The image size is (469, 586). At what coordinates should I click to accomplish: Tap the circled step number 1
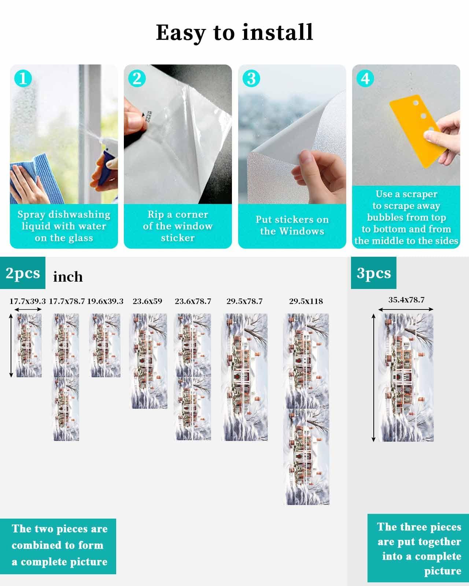coord(23,79)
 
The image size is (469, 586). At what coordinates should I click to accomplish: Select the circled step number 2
coord(137,79)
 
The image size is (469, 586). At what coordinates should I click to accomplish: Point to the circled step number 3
coord(251,79)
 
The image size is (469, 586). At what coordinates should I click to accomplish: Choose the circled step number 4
coord(365,79)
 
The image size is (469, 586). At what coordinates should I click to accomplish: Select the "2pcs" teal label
coord(23,273)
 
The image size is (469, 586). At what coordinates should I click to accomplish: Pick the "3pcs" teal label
coord(374,273)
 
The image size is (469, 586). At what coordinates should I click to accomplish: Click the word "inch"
coord(68,277)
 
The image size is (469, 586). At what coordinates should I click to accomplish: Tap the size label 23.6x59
coord(147,301)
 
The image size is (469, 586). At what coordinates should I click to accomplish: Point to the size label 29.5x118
coord(306,301)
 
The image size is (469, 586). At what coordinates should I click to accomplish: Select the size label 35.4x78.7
coord(406,300)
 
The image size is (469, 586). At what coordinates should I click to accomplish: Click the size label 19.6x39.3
coord(105,301)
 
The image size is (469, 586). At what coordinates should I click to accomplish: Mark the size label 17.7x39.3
coord(27,301)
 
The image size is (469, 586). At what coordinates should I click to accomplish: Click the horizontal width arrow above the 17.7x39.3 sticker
coord(29,310)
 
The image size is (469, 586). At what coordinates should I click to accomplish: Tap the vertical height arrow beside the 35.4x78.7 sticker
coord(373,377)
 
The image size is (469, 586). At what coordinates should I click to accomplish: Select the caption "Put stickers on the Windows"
coord(292,225)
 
